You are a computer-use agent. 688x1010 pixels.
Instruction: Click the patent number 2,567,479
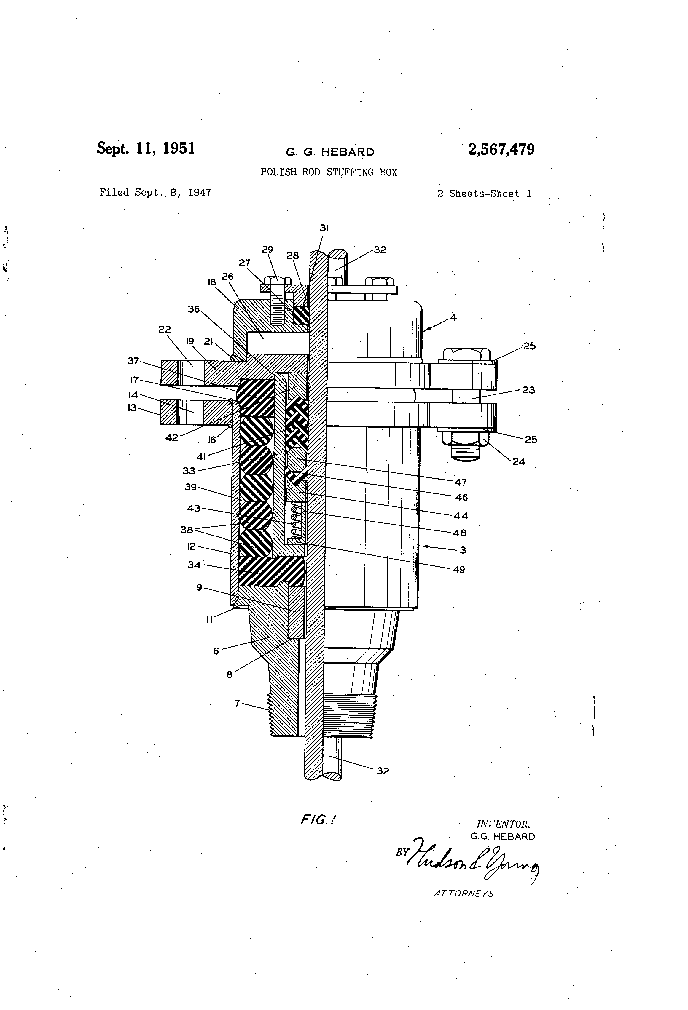point(501,150)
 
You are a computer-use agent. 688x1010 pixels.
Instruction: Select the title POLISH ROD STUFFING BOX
point(329,172)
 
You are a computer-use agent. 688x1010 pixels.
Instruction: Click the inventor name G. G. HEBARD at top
point(330,152)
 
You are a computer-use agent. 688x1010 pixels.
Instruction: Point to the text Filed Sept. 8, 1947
point(155,193)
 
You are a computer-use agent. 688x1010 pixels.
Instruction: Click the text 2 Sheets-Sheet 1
point(484,194)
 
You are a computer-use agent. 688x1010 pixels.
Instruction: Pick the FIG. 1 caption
point(318,820)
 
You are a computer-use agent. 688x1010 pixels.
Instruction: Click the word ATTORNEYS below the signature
point(464,894)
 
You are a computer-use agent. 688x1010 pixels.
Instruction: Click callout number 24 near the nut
point(518,461)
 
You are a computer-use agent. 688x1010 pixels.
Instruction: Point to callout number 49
point(459,569)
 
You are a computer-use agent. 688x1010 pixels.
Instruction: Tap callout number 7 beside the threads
point(237,703)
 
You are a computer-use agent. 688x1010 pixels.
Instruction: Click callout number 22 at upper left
point(164,330)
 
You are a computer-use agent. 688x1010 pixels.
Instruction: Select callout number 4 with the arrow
point(453,318)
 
